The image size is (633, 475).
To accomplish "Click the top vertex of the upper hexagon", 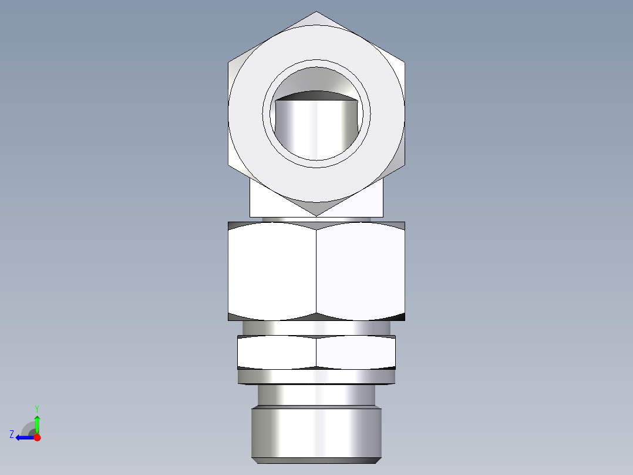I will [316, 12].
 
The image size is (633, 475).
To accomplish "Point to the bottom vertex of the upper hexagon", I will [316, 216].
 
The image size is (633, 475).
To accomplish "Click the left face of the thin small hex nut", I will [277, 352].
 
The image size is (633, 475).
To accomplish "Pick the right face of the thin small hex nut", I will [355, 352].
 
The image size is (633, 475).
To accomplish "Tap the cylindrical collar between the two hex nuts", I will [316, 328].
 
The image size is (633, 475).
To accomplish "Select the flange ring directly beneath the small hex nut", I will [316, 376].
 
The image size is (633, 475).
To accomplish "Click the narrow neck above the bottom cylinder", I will [316, 394].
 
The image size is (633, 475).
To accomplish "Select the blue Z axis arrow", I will [23, 437].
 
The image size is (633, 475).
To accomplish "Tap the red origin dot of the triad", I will [37, 437].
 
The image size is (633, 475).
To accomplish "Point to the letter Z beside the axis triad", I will [12, 434].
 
